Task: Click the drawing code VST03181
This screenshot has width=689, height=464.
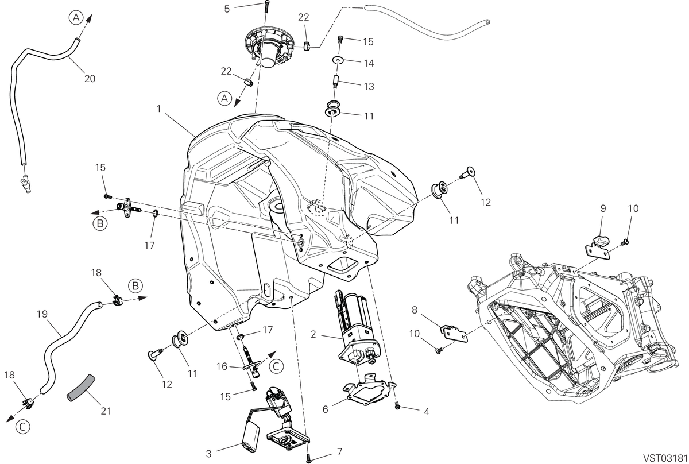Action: point(665,457)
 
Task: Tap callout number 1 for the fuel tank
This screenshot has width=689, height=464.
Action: point(158,109)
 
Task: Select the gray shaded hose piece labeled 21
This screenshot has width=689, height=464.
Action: point(81,388)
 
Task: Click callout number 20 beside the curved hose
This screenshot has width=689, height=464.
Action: point(90,79)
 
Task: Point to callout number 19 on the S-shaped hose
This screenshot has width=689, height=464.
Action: point(42,314)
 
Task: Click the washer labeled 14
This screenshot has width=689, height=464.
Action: point(338,60)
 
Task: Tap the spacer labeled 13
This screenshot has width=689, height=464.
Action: point(335,83)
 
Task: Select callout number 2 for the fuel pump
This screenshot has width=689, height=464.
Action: point(313,334)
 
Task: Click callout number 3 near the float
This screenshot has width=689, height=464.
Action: point(209,454)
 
